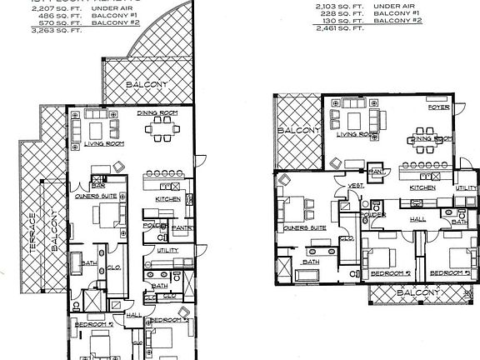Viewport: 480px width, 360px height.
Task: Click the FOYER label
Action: click(x=438, y=107)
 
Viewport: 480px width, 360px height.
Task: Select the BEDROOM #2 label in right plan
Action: click(x=391, y=272)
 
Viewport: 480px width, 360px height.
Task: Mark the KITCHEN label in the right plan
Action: click(x=423, y=188)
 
